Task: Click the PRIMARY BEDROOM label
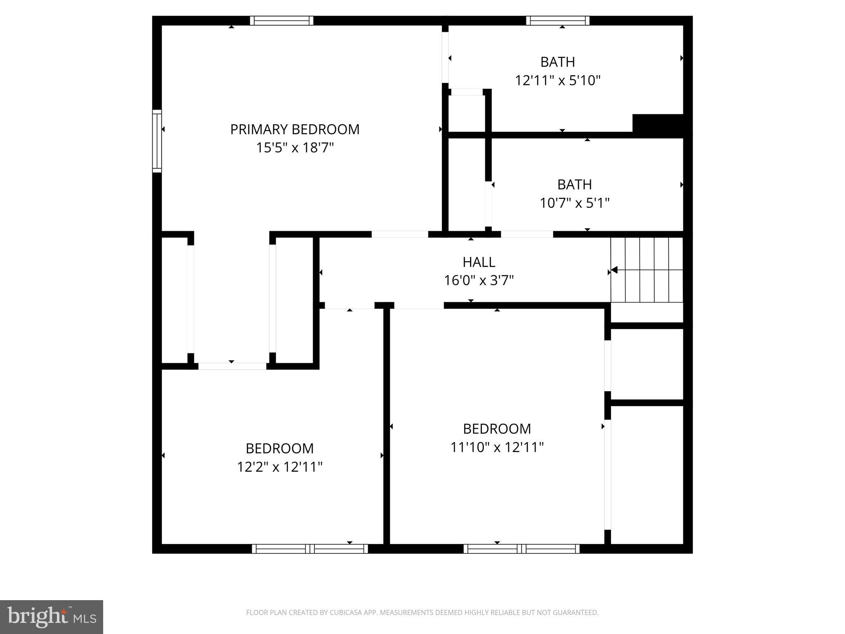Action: [x=295, y=130]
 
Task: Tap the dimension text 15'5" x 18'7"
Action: [x=295, y=148]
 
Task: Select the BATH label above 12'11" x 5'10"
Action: [x=557, y=62]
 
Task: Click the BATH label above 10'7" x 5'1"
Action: [x=574, y=185]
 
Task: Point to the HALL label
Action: [x=479, y=262]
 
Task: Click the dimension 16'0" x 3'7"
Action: [x=479, y=281]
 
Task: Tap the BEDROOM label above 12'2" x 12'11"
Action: [x=279, y=448]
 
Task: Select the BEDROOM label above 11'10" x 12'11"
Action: [x=497, y=429]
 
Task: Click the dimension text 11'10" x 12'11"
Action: [x=497, y=447]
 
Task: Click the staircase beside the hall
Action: [x=647, y=270]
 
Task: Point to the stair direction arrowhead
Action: [x=614, y=270]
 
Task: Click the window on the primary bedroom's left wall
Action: [x=157, y=141]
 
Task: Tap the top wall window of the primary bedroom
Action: [x=281, y=21]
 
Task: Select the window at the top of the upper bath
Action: [x=557, y=21]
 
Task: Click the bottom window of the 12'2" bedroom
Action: [x=309, y=549]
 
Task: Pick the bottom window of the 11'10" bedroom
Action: [x=521, y=549]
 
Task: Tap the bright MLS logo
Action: [x=52, y=617]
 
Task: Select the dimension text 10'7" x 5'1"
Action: [x=574, y=203]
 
